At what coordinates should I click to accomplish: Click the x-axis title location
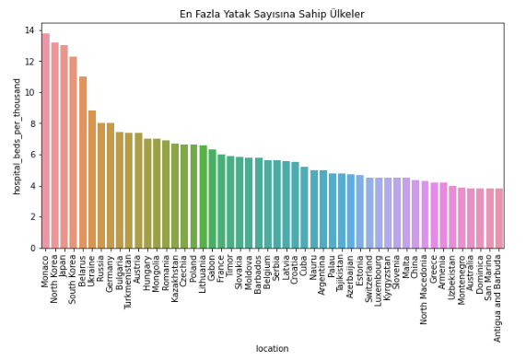click(272, 349)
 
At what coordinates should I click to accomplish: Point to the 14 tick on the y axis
click(29, 30)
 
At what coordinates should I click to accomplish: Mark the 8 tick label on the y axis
click(31, 123)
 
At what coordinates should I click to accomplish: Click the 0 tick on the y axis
click(31, 248)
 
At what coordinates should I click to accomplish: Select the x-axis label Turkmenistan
click(129, 280)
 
